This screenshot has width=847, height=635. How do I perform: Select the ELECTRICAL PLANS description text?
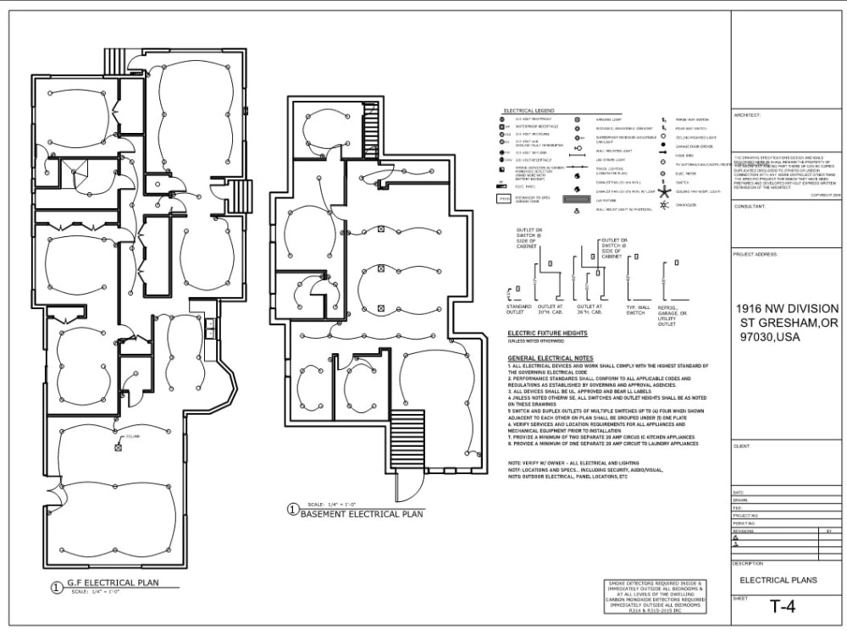tap(778, 580)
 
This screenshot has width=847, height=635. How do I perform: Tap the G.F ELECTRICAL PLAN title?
tap(112, 583)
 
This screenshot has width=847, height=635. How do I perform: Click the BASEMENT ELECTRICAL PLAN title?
tap(362, 514)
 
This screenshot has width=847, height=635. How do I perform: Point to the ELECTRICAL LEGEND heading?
tap(529, 111)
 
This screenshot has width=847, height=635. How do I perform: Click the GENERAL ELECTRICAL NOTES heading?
tap(551, 358)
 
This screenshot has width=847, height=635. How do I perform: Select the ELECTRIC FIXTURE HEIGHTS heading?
tap(547, 333)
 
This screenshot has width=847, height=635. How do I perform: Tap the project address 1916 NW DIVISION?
tap(787, 308)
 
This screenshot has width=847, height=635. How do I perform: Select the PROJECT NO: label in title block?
tap(745, 515)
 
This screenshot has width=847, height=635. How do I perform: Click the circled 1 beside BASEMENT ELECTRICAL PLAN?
tap(293, 510)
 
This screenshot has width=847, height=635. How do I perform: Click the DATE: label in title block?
tap(739, 492)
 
